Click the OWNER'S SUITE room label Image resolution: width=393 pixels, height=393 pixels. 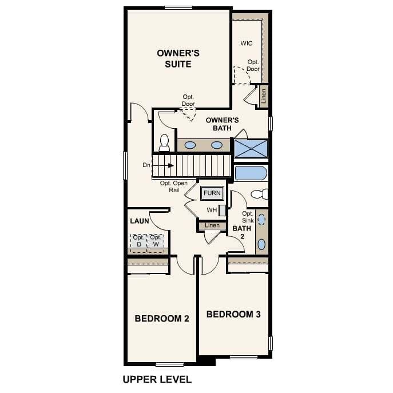point(178,58)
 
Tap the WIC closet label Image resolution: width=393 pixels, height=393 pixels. point(247,43)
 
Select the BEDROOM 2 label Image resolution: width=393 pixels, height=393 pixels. point(161,319)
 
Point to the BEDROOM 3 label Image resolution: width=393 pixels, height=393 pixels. point(233,314)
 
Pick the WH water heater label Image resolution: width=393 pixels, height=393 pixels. point(212,210)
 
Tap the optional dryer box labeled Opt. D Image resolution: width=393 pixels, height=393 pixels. point(138,242)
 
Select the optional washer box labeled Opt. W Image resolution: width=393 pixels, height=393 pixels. point(156,242)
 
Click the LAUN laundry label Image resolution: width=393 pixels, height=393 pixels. point(139,220)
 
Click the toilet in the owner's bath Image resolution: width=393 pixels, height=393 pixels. point(165,142)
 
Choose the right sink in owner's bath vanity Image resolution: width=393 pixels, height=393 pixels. point(217,145)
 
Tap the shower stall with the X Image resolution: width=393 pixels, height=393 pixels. point(251,148)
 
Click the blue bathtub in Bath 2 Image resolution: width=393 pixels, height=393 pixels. point(251,173)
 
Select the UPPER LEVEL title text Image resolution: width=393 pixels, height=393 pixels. point(157,379)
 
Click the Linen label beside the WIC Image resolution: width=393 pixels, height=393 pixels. point(263,96)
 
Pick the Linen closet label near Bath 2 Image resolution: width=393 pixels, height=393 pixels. point(212,225)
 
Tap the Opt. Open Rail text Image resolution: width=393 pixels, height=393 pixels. point(174,186)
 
